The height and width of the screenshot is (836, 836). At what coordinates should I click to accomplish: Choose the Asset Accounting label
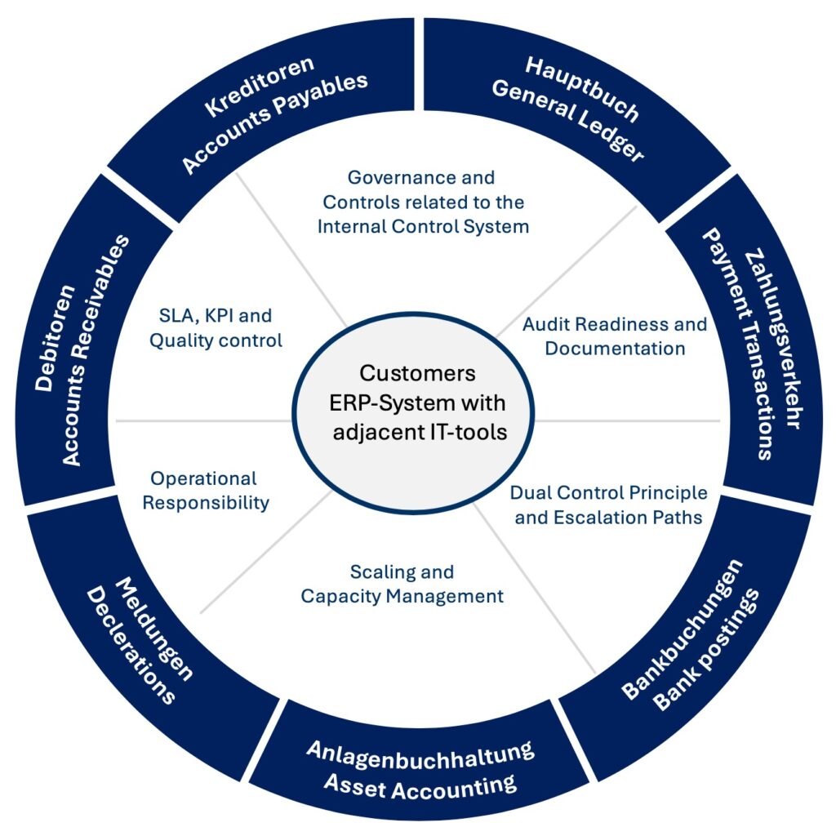point(420,785)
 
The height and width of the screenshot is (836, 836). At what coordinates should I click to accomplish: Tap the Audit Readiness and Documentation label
point(615,336)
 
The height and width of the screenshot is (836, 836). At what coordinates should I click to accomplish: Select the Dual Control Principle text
point(609,493)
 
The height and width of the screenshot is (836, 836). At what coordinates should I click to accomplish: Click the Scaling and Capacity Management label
point(402,584)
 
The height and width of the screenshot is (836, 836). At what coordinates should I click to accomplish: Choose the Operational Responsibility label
point(205,490)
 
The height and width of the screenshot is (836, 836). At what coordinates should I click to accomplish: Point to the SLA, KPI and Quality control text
point(216,327)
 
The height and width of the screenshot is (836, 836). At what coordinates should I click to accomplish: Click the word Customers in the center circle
point(418,373)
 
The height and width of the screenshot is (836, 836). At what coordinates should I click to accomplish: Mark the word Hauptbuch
point(581,91)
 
